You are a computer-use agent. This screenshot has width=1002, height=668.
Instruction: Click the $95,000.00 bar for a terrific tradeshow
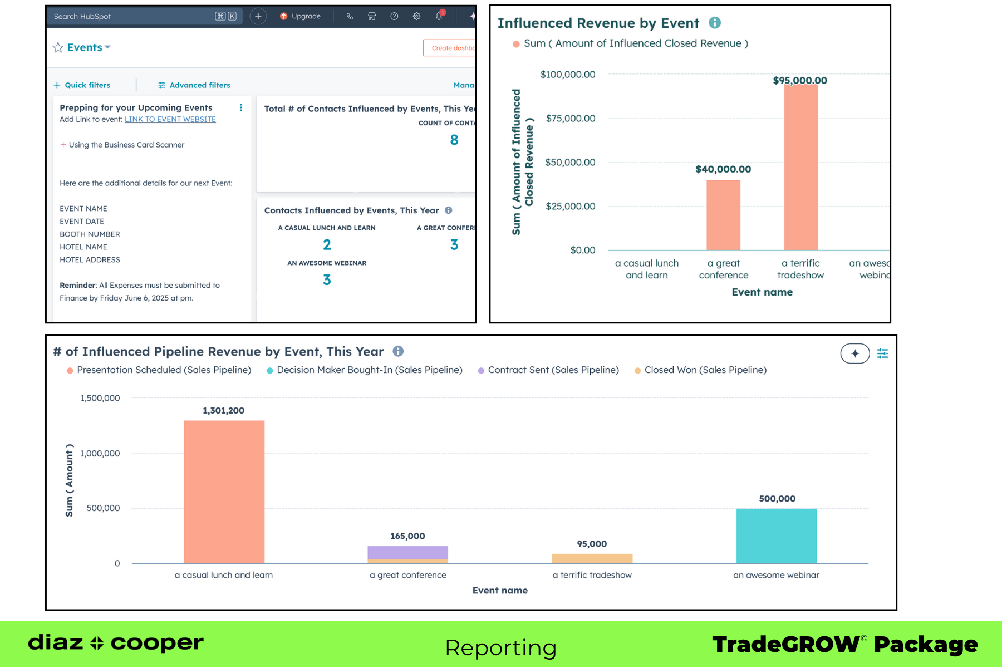[800, 167]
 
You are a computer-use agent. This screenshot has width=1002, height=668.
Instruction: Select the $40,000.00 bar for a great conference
[723, 215]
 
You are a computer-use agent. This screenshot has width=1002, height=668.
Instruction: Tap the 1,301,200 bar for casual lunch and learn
[224, 492]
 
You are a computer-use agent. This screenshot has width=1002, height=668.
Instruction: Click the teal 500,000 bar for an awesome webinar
[776, 536]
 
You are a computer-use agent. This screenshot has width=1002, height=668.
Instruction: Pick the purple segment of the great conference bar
[407, 552]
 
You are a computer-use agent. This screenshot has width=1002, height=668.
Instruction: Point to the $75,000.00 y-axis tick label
[570, 119]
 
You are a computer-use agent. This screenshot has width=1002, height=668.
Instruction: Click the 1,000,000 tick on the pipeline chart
[100, 454]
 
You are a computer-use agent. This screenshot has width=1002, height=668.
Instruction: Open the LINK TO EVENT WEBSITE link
[170, 120]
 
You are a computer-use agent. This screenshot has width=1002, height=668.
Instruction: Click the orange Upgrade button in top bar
[301, 17]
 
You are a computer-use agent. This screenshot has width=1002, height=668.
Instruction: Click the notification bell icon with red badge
[439, 16]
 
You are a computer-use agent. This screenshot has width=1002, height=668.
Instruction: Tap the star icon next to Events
[58, 48]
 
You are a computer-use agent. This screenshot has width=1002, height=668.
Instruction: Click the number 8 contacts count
[454, 140]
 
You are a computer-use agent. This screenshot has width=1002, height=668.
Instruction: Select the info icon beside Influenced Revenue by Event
[715, 23]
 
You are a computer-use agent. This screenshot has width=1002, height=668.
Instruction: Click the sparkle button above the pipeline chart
[854, 353]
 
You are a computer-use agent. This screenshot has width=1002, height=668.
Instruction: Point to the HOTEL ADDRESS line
[90, 260]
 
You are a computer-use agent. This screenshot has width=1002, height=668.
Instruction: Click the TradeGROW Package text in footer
[844, 645]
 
